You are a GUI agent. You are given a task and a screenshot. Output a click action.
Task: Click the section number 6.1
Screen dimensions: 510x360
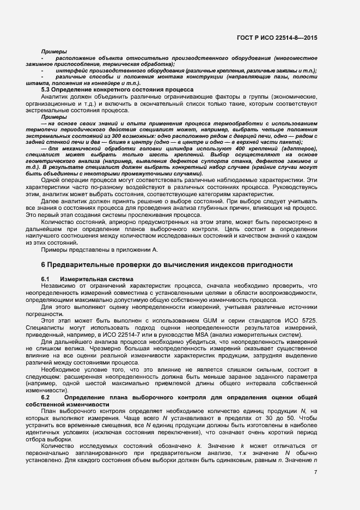coord(46,280)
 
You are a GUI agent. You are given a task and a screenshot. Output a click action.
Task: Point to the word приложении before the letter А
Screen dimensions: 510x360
coord(129,250)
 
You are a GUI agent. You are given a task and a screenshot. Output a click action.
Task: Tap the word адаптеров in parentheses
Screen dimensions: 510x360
coord(298,149)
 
